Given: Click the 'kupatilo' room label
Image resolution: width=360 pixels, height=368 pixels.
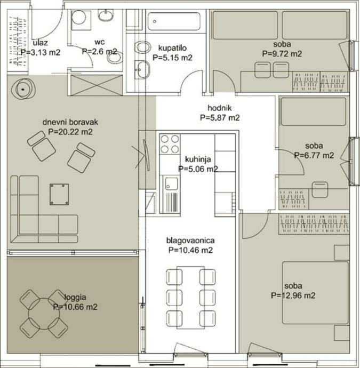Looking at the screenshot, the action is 172,48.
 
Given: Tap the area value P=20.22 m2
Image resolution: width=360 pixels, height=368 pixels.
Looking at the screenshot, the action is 70,132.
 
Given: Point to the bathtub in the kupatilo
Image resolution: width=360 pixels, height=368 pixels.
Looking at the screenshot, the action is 174,21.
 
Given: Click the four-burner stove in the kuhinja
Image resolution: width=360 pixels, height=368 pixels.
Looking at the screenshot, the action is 170,144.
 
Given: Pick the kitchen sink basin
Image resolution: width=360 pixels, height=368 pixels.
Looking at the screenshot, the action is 171,184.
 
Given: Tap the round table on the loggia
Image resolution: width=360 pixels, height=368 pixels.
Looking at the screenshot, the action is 44,314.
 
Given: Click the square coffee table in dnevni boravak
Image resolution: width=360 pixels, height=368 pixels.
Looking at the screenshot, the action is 59,194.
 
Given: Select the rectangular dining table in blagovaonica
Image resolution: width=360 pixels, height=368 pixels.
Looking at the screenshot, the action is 190,298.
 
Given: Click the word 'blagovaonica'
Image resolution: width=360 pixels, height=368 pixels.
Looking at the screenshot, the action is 190,241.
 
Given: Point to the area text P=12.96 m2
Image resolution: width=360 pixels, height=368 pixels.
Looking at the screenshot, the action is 293,295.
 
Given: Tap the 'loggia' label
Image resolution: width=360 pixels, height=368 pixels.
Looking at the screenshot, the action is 75,298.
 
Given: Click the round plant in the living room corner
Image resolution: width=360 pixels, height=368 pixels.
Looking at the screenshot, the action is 23,89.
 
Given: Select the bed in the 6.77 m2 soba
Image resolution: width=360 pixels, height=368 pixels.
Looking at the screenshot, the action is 313,111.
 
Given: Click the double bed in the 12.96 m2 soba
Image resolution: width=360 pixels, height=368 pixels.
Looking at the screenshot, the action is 315,293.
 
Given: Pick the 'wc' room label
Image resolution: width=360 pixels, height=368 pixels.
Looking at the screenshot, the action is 100,42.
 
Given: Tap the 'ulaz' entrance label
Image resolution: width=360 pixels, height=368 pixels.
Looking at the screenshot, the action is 41,43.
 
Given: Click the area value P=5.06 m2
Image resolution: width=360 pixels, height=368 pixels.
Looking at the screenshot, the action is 198,169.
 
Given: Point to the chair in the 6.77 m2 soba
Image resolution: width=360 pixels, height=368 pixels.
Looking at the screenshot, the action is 320,190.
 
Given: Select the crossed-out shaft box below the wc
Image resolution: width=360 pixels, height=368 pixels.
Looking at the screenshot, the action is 97,85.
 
